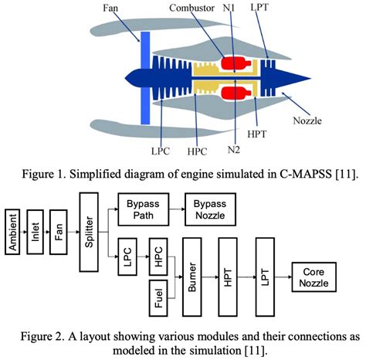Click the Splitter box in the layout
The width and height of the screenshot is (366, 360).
[89, 232]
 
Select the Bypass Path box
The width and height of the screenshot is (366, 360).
[144, 209]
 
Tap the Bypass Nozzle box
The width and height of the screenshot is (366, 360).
[210, 209]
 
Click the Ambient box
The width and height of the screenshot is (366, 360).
[12, 232]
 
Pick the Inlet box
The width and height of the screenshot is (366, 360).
[35, 232]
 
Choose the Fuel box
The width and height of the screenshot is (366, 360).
[158, 298]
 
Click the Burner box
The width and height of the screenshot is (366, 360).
[192, 277]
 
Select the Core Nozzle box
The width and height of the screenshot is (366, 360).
[314, 277]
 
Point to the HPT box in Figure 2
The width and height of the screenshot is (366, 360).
[228, 277]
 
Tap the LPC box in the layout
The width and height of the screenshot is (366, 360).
[127, 256]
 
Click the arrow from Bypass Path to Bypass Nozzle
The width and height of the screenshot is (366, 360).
[177, 209]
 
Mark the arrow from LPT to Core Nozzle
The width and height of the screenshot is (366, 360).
[283, 277]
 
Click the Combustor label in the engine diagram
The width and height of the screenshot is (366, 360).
[191, 8]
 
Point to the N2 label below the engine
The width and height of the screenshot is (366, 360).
[234, 149]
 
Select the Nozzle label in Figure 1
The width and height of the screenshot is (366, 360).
[307, 121]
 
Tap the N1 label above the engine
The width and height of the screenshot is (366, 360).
[229, 8]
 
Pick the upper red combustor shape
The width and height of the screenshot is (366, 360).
[236, 63]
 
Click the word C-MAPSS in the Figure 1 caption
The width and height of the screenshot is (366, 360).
[306, 174]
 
